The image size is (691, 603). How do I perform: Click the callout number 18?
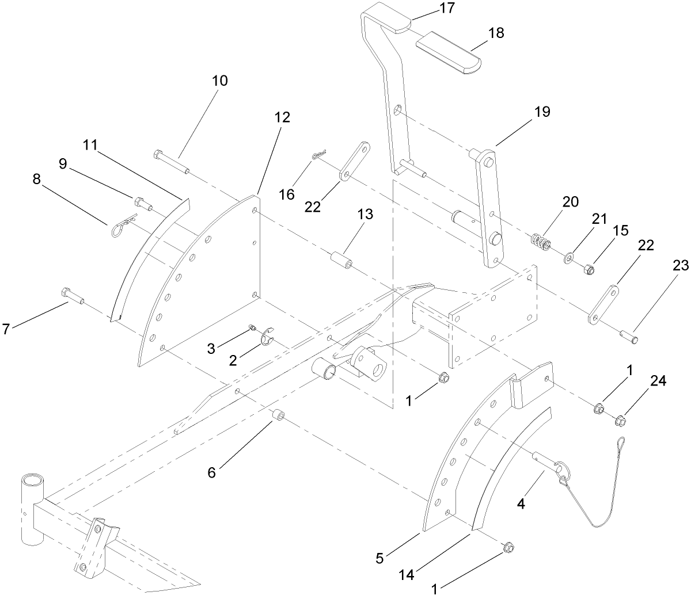495,33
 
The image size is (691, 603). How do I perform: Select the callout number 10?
219,81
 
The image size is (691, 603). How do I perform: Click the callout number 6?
212,472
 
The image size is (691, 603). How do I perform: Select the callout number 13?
365,215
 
